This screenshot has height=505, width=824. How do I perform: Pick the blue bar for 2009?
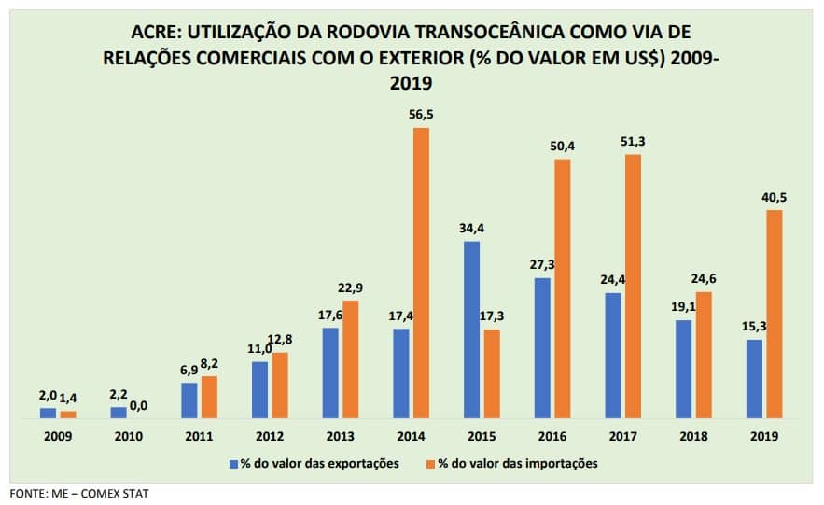48,413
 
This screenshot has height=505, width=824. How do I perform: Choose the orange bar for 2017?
633,286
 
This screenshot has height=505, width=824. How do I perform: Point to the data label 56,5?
421,116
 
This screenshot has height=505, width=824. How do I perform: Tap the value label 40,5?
775,198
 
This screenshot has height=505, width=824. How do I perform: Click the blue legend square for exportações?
234,462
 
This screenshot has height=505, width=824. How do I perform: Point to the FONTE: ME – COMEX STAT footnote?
79,493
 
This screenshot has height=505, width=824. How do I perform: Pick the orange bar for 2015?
492,373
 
